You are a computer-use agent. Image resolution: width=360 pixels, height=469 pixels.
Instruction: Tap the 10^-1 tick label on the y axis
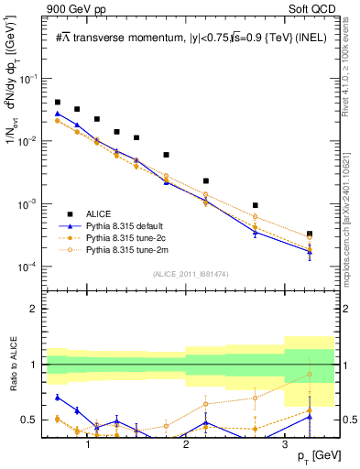coord(32,80)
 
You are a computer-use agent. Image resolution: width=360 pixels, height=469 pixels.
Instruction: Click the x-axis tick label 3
coord(284,444)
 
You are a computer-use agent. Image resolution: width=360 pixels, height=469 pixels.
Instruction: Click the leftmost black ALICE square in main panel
coord(58,103)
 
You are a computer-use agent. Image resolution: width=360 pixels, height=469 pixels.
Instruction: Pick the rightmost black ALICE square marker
coord(310,234)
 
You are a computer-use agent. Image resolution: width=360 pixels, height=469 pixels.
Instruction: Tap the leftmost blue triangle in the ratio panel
coord(58,398)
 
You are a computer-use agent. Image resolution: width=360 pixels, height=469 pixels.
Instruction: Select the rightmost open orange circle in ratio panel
coord(310,374)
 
